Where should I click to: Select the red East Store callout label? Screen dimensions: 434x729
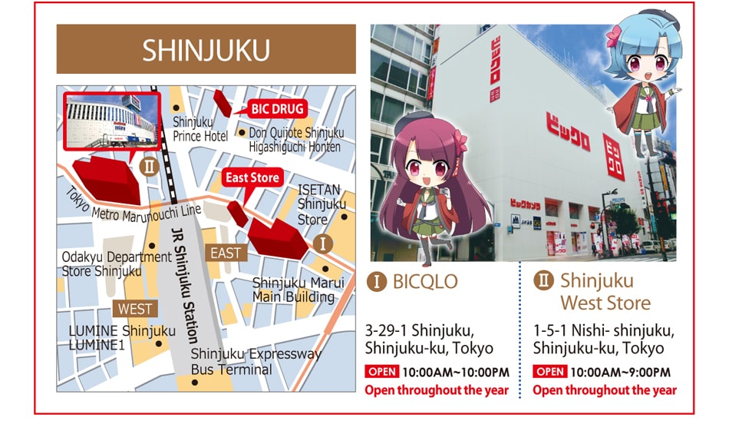252,178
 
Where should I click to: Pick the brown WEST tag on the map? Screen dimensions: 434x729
136,309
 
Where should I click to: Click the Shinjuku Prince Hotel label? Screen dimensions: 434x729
200,129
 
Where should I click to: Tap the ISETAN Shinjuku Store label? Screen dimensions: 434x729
322,204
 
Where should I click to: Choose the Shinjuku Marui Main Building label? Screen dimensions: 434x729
293,290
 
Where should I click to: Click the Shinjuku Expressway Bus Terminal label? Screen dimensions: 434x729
256,362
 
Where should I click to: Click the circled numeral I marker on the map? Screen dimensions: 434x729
323,244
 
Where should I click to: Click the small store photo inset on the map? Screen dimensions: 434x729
111,121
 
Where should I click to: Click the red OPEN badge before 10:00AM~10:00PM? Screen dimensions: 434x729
381,373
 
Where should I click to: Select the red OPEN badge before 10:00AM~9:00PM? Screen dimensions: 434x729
549,373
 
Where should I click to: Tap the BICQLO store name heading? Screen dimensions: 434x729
424,281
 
